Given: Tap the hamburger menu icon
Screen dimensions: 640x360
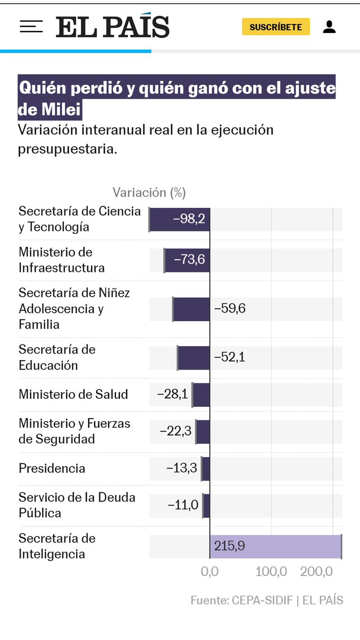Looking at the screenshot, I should (x=31, y=27).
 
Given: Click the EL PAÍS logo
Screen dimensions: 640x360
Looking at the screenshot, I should (x=113, y=27).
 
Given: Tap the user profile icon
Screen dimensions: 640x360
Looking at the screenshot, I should (x=329, y=27).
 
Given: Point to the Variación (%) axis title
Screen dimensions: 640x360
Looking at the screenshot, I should (x=149, y=193).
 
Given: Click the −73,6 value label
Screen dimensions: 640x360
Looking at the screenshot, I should (x=189, y=260).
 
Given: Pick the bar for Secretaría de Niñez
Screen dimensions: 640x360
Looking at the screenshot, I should (x=191, y=309).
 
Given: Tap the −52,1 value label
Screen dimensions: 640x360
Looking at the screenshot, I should (x=229, y=357).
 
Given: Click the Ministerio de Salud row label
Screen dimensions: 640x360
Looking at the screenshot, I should (x=74, y=395).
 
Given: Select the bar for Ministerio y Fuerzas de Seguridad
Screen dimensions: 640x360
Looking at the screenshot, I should (x=203, y=431).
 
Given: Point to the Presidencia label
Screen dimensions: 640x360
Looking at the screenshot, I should (x=52, y=468).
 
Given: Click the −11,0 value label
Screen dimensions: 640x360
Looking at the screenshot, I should (x=183, y=505).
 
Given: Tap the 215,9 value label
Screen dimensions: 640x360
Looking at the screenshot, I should (x=229, y=546).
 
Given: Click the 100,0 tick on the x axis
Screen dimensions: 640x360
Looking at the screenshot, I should (x=271, y=572).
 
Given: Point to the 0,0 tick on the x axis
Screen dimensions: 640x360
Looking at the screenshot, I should (x=210, y=572).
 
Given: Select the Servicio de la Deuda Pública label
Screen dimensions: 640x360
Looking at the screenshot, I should (x=77, y=505).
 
